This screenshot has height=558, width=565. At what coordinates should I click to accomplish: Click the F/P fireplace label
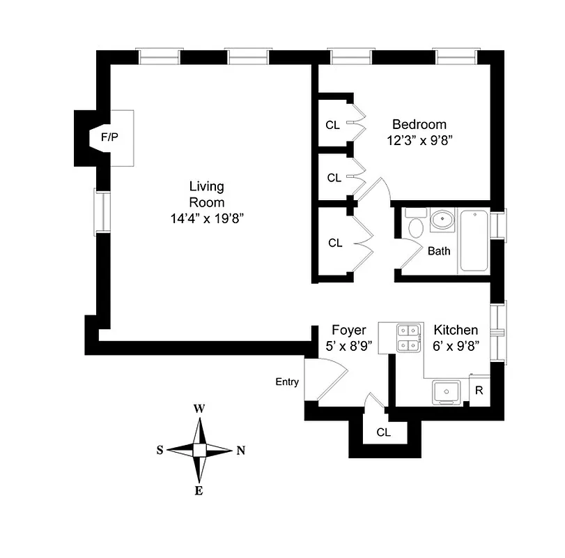tap(110, 137)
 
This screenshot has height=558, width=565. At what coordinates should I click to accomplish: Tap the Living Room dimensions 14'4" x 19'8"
tap(207, 218)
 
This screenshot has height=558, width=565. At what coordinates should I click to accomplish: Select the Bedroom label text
tap(419, 124)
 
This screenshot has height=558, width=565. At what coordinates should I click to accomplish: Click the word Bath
tap(439, 251)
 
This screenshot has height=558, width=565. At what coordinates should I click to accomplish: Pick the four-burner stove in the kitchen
tap(408, 338)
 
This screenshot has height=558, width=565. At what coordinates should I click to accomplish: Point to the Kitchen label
tap(456, 330)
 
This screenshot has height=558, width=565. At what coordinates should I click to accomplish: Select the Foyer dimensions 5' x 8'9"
tap(349, 345)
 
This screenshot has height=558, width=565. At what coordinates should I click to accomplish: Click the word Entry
tap(287, 382)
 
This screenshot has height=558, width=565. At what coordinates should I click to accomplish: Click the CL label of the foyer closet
tap(384, 432)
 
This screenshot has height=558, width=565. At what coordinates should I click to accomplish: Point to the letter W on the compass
tap(199, 409)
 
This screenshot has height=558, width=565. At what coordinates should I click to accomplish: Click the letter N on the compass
tap(241, 450)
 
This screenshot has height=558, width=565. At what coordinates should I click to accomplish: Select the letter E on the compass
tap(199, 491)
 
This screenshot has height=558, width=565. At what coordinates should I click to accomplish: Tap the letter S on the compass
tap(160, 450)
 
